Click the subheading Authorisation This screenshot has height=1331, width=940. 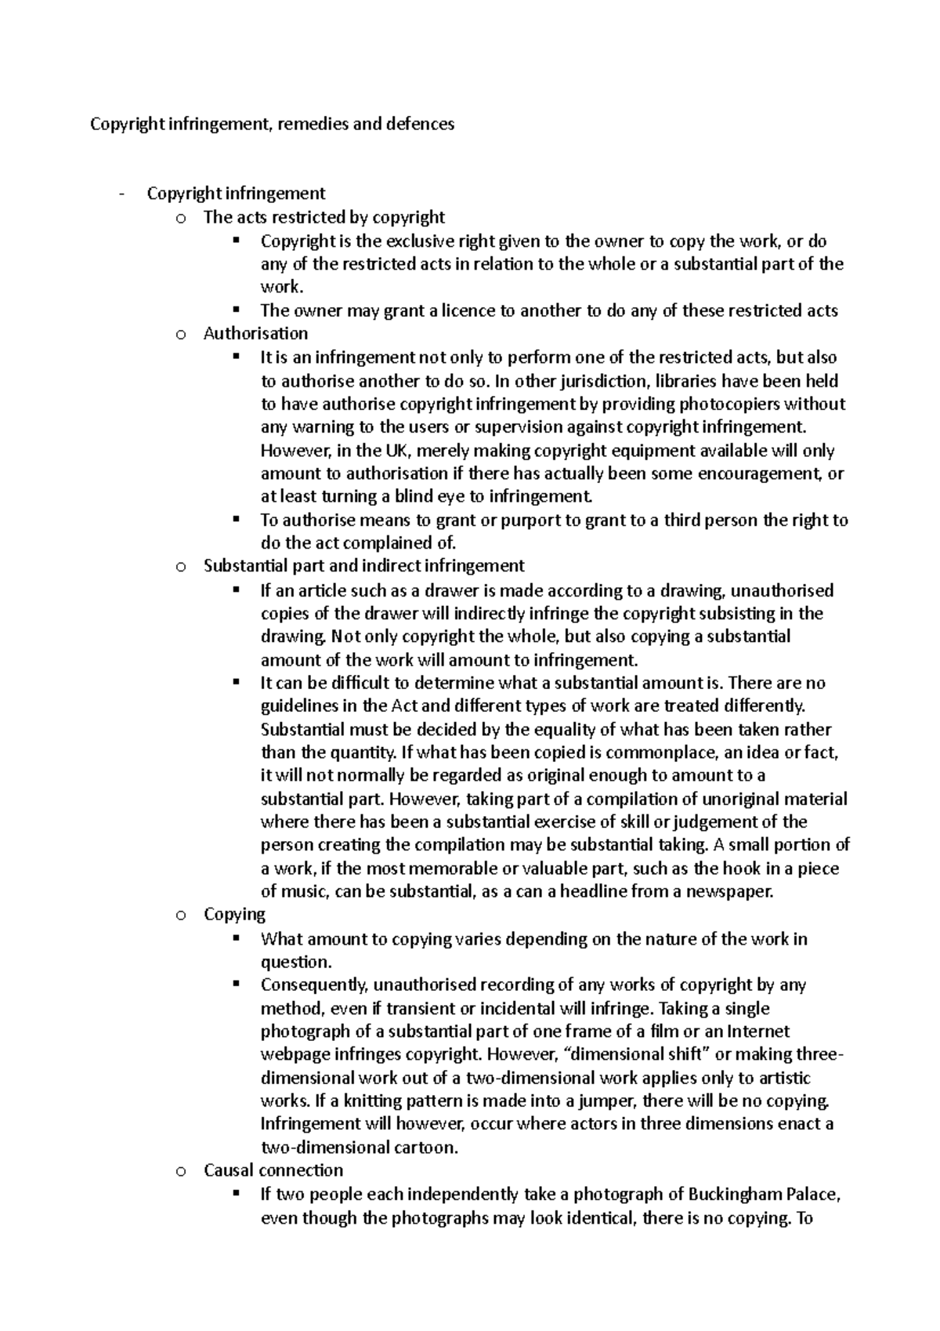tap(255, 334)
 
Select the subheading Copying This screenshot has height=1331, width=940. tap(234, 915)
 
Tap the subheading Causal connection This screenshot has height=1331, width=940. tap(273, 1170)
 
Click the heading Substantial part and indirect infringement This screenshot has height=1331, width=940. tap(363, 566)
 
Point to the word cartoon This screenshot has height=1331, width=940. tap(426, 1148)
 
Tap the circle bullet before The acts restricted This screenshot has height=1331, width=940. tap(181, 218)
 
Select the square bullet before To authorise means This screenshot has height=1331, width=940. tap(236, 519)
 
